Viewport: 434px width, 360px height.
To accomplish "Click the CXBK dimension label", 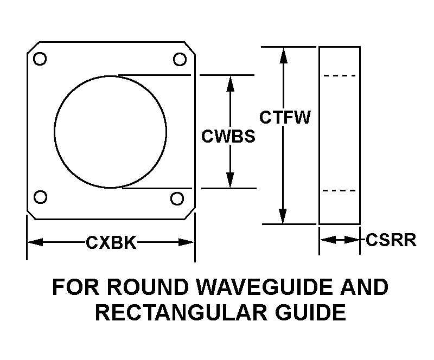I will pyautogui.click(x=111, y=243).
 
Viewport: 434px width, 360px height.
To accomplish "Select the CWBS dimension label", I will pyautogui.click(x=228, y=136).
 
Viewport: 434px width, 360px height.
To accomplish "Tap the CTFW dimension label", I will pyautogui.click(x=284, y=118).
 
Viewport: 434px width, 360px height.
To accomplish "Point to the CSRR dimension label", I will pyautogui.click(x=391, y=240).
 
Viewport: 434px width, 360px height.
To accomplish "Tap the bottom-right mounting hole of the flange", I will pyautogui.click(x=176, y=198).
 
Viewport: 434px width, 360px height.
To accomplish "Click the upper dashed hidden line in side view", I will pyautogui.click(x=340, y=76).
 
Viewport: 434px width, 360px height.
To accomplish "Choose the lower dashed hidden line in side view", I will pyautogui.click(x=340, y=191).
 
